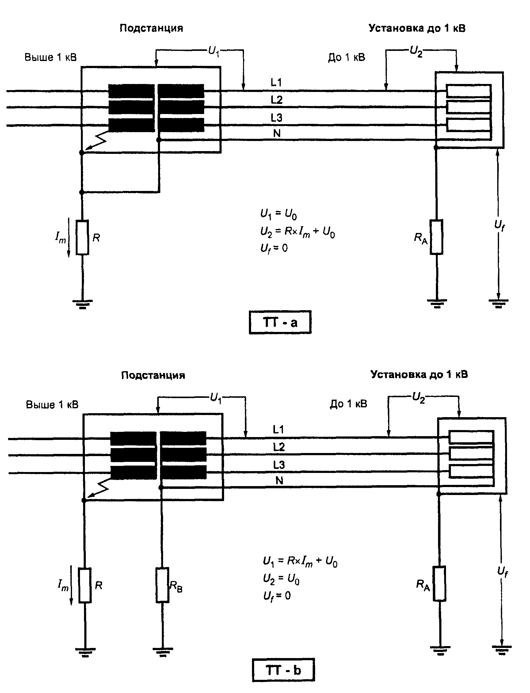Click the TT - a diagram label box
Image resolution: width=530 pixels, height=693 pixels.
point(280,322)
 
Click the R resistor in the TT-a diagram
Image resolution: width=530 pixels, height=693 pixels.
point(82,237)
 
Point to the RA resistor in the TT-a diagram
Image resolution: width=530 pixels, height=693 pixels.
point(437,237)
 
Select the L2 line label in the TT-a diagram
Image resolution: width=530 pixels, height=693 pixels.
point(276,100)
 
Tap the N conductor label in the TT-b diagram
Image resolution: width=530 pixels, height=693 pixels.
point(280,480)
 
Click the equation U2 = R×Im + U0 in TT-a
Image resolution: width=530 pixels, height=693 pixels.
point(298,232)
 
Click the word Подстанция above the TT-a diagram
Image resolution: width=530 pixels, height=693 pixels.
point(151,29)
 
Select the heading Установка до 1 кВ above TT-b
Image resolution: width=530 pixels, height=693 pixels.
point(419,375)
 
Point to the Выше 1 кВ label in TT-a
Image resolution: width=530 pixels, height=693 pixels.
point(51,57)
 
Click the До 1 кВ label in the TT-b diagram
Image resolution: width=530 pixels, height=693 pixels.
point(349,404)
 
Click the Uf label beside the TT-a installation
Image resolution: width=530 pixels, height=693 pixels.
point(499,225)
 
